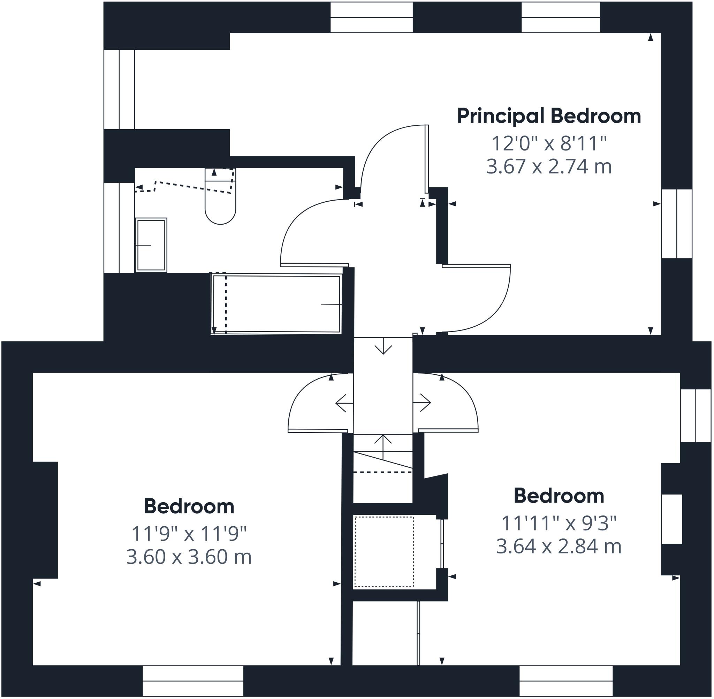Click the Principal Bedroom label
549,117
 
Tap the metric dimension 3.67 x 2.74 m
549,167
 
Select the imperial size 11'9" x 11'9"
189,534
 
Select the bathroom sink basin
151,245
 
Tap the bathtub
276,304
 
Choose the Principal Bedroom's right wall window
676,224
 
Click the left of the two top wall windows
372,17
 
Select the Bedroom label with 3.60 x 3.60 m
189,507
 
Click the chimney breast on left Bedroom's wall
45,520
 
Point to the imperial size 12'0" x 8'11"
549,143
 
